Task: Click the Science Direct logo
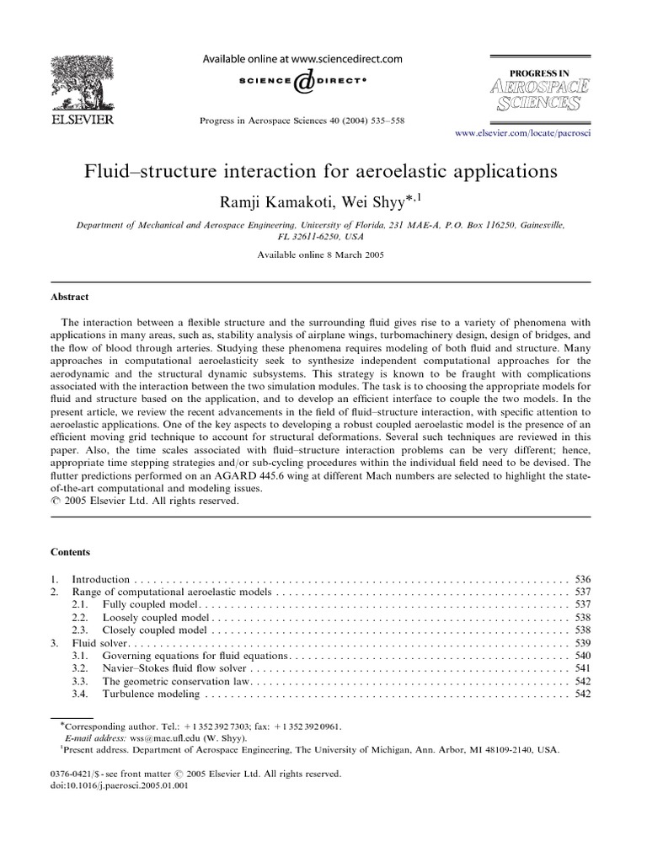point(302,81)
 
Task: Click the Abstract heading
point(72,297)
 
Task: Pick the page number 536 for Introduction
point(582,580)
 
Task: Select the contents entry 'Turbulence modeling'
point(151,694)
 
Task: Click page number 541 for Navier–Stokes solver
point(582,668)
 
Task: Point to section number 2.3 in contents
point(80,630)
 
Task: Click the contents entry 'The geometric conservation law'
point(176,681)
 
